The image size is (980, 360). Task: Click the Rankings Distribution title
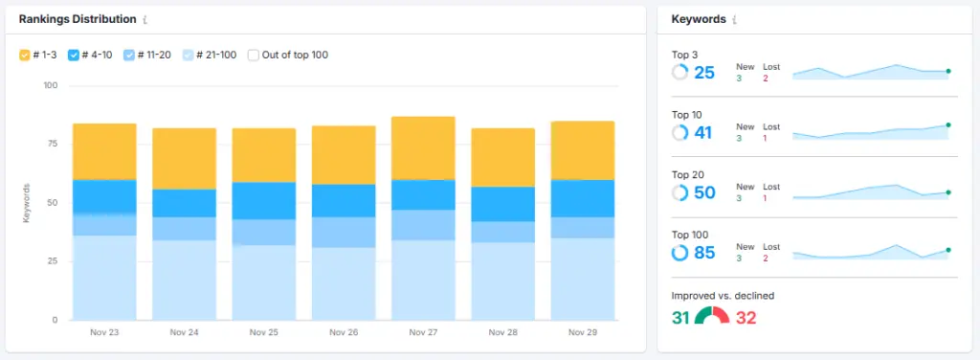pyautogui.click(x=77, y=19)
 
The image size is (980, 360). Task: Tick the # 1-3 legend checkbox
pyautogui.click(x=25, y=56)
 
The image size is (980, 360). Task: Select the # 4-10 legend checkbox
pyautogui.click(x=74, y=56)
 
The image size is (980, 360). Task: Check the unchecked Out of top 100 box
pyautogui.click(x=254, y=56)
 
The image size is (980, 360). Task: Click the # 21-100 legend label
pyautogui.click(x=215, y=56)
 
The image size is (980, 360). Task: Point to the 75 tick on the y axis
pyautogui.click(x=53, y=145)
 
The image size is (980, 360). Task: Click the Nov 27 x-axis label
pyautogui.click(x=422, y=333)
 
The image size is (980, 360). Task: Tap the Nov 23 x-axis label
pyautogui.click(x=104, y=333)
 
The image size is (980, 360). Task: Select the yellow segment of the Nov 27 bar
pyautogui.click(x=422, y=147)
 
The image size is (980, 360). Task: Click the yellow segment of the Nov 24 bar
pyautogui.click(x=184, y=158)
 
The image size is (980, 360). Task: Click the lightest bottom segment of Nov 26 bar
pyautogui.click(x=343, y=283)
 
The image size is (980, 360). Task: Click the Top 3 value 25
pyautogui.click(x=704, y=73)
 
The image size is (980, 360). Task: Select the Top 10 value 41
pyautogui.click(x=704, y=133)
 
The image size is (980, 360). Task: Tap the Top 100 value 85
pyautogui.click(x=704, y=254)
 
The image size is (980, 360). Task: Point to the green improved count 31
pyautogui.click(x=680, y=317)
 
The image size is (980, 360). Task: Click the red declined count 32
pyautogui.click(x=746, y=317)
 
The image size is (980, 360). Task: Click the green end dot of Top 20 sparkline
pyautogui.click(x=947, y=192)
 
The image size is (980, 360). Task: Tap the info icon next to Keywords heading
pyautogui.click(x=735, y=19)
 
